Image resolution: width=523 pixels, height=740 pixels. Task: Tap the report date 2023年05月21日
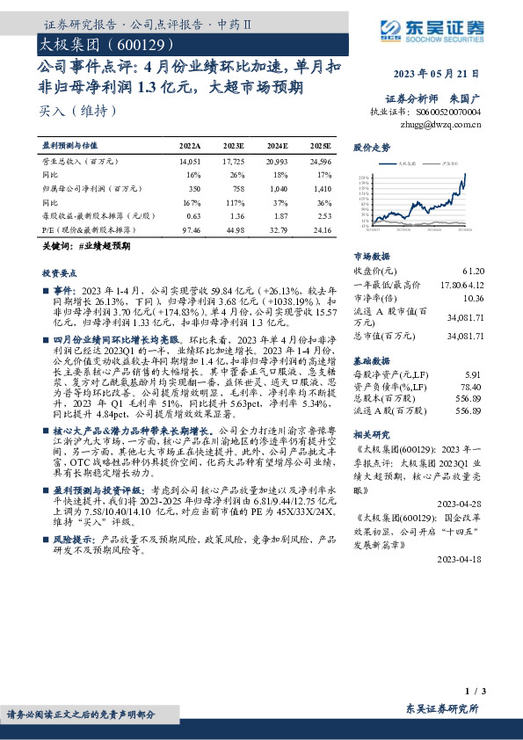[441, 74]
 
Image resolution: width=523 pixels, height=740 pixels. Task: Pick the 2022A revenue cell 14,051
[190, 162]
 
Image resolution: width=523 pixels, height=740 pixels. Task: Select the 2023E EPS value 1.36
[234, 215]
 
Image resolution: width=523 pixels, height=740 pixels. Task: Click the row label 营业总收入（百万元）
[81, 162]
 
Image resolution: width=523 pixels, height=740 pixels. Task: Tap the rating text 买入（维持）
[78, 112]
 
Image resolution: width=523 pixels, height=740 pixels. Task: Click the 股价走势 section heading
[371, 148]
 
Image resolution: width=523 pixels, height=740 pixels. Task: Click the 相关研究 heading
[371, 434]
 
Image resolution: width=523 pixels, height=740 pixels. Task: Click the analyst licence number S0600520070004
[449, 112]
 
